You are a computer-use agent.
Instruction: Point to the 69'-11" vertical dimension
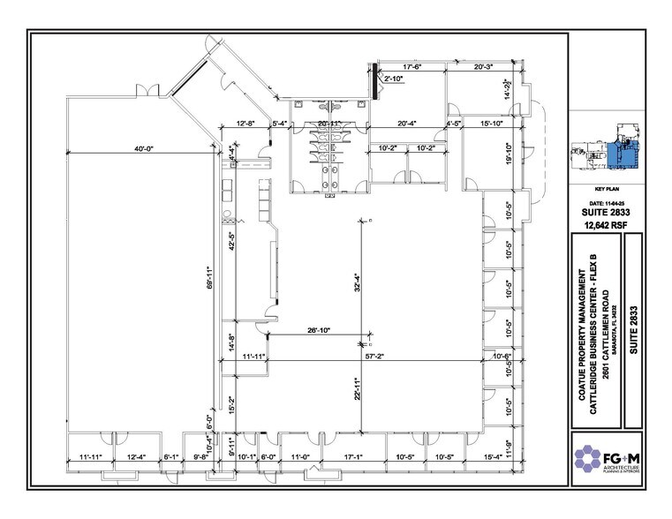(x=209, y=279)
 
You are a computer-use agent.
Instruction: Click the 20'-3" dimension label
(x=487, y=66)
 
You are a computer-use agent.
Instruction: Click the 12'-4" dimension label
(x=136, y=457)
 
